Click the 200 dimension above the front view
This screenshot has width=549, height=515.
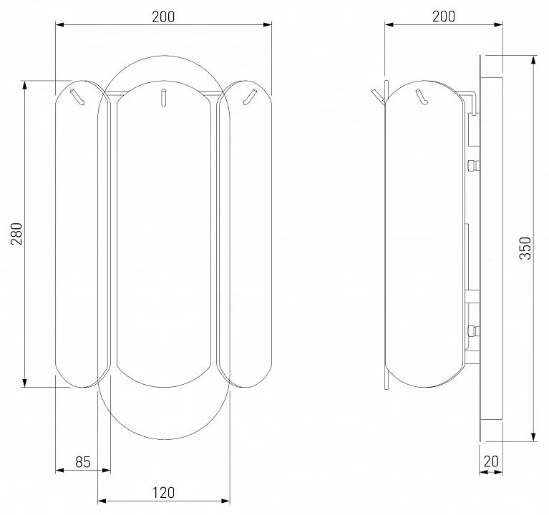point(163,16)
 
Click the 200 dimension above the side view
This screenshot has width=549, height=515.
point(444,16)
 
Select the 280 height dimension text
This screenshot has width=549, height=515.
point(16,233)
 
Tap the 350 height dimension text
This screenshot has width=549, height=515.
point(525,248)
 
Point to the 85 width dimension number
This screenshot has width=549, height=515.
point(83,462)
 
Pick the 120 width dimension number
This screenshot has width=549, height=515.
point(163,493)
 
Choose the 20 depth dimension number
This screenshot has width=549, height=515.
point(491,461)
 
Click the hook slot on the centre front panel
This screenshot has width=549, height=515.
point(163,97)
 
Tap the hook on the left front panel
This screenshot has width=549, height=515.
point(77,97)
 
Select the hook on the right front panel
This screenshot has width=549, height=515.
point(250,97)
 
